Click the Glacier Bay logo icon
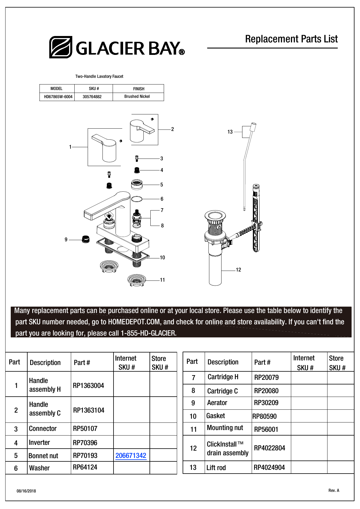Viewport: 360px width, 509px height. pyautogui.click(x=60, y=47)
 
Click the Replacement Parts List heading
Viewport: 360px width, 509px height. pyautogui.click(x=291, y=39)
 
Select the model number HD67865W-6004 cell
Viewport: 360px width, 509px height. pyautogui.click(x=58, y=97)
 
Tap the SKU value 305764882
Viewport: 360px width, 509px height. pyautogui.click(x=92, y=97)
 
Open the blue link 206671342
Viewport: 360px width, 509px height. pyautogui.click(x=131, y=456)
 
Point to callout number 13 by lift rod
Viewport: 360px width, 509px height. pyautogui.click(x=230, y=132)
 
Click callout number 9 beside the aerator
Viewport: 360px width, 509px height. pyautogui.click(x=66, y=240)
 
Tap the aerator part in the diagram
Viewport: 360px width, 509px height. pyautogui.click(x=85, y=239)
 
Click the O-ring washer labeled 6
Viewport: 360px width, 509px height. pyautogui.click(x=137, y=199)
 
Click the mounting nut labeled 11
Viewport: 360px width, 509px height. pyautogui.click(x=136, y=280)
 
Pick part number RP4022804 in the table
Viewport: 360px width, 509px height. pyautogui.click(x=269, y=448)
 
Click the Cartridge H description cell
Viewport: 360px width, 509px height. pyautogui.click(x=223, y=377)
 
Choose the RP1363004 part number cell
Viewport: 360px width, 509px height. pyautogui.click(x=89, y=386)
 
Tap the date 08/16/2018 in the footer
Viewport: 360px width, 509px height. pyautogui.click(x=26, y=491)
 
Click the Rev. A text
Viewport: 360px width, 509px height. pyautogui.click(x=334, y=490)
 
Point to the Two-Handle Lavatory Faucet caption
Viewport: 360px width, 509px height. pyautogui.click(x=99, y=76)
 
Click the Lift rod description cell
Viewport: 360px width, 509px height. pyautogui.click(x=216, y=468)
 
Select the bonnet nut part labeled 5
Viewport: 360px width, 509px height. pyautogui.click(x=137, y=184)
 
